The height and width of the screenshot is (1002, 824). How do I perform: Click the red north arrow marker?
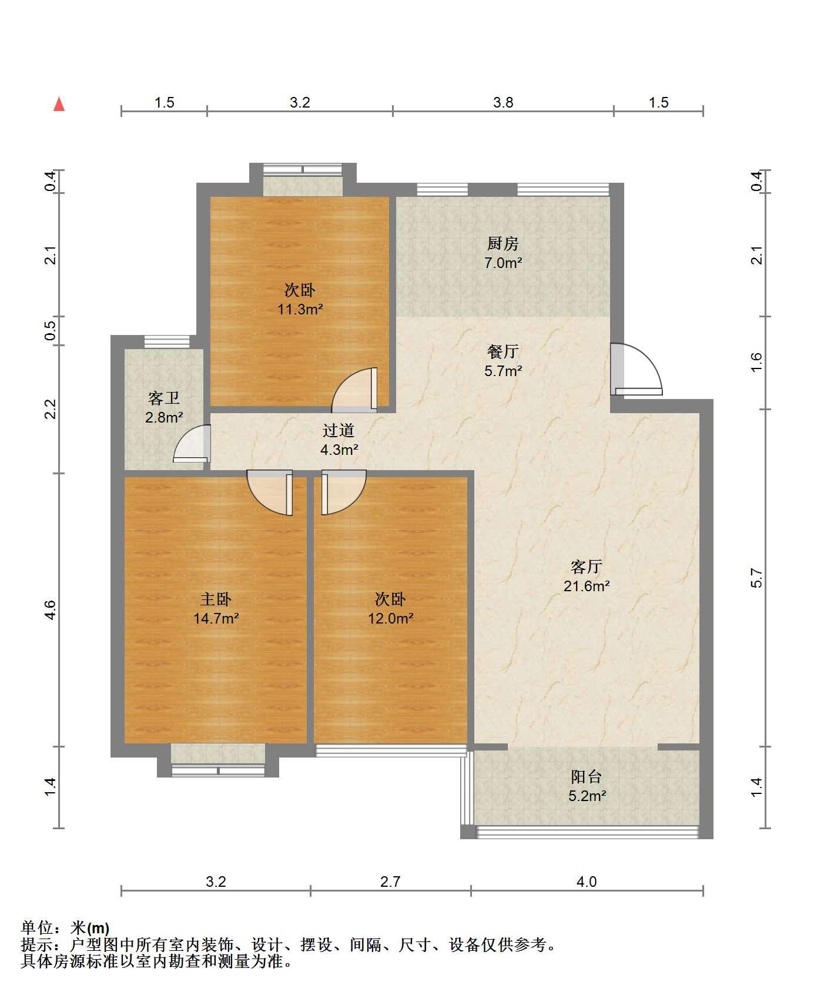pyautogui.click(x=59, y=104)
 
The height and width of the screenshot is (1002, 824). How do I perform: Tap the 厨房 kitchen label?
pyautogui.click(x=503, y=243)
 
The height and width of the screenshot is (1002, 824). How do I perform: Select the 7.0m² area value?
pyautogui.click(x=503, y=263)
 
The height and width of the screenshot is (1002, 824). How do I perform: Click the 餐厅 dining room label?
pyautogui.click(x=503, y=351)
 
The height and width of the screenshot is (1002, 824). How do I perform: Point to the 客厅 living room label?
pyautogui.click(x=587, y=567)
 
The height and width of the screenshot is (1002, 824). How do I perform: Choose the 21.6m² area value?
pyautogui.click(x=587, y=586)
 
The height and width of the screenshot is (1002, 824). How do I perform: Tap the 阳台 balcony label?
pyautogui.click(x=587, y=776)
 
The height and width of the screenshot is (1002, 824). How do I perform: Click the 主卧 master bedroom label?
pyautogui.click(x=216, y=599)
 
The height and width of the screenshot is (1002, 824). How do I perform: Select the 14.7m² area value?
pyautogui.click(x=216, y=618)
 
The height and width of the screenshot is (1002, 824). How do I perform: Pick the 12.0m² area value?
pyautogui.click(x=391, y=618)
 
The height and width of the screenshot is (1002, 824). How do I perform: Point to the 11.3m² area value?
pyautogui.click(x=300, y=309)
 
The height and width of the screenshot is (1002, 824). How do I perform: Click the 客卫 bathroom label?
pyautogui.click(x=164, y=398)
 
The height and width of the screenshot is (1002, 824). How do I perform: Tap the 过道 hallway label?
pyautogui.click(x=339, y=431)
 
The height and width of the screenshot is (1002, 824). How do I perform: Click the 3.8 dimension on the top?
pyautogui.click(x=503, y=103)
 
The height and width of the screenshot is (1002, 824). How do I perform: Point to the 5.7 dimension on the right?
pyautogui.click(x=757, y=578)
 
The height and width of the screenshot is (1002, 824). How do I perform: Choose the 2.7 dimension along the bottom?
pyautogui.click(x=390, y=882)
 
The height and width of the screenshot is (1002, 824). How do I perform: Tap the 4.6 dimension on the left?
pyautogui.click(x=51, y=609)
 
